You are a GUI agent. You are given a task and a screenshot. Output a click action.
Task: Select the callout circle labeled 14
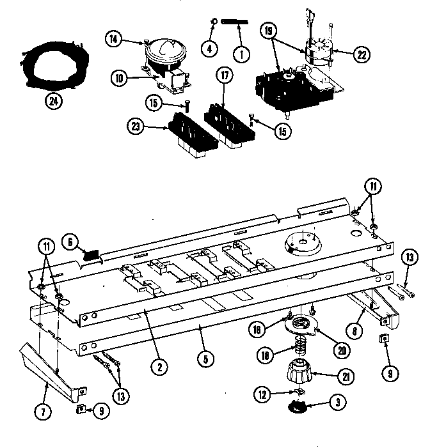(x=113, y=40)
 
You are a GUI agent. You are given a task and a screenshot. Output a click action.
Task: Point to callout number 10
(x=119, y=79)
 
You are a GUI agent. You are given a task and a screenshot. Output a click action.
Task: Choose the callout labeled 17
(x=223, y=75)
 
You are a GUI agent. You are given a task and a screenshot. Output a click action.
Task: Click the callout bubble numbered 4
(x=209, y=47)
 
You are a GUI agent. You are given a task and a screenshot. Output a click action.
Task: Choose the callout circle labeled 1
(x=241, y=54)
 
